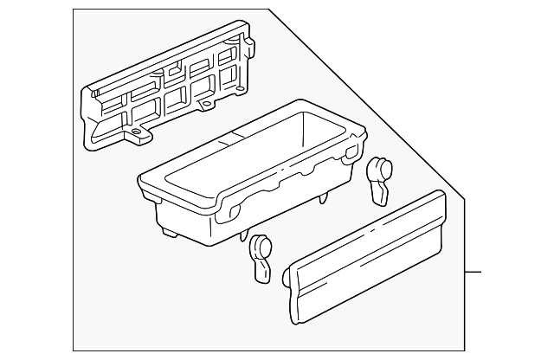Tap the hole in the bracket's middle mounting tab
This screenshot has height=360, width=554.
coord(207,105)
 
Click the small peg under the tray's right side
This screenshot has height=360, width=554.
coord(324,200)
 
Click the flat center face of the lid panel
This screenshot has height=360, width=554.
coord(368,260)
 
